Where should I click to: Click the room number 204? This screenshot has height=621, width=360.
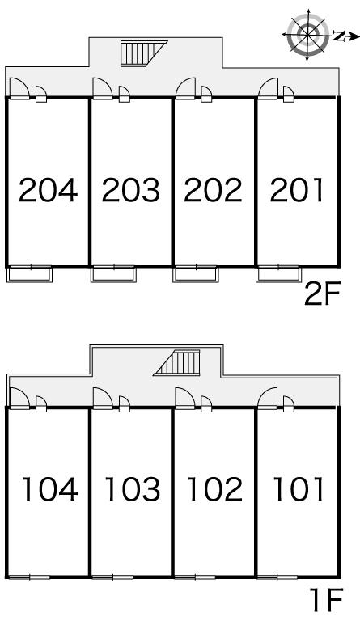point(48,190)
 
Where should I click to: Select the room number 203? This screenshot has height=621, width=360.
point(131,190)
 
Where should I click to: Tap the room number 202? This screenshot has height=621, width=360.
point(213,190)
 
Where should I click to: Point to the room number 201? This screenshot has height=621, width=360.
point(297,190)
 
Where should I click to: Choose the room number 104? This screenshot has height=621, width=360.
point(49,489)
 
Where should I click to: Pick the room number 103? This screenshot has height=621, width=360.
point(133,489)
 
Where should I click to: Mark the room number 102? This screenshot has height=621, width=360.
point(214,489)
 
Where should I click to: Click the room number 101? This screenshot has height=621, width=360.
point(299,489)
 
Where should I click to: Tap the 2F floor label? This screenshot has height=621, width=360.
point(322,294)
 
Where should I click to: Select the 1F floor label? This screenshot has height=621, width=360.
point(325,601)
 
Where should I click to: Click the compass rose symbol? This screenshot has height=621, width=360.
point(308,35)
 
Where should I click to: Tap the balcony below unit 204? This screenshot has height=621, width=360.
point(30,274)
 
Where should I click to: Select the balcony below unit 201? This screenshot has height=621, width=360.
point(278,274)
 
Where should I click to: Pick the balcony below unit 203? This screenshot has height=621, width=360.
point(113,274)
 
